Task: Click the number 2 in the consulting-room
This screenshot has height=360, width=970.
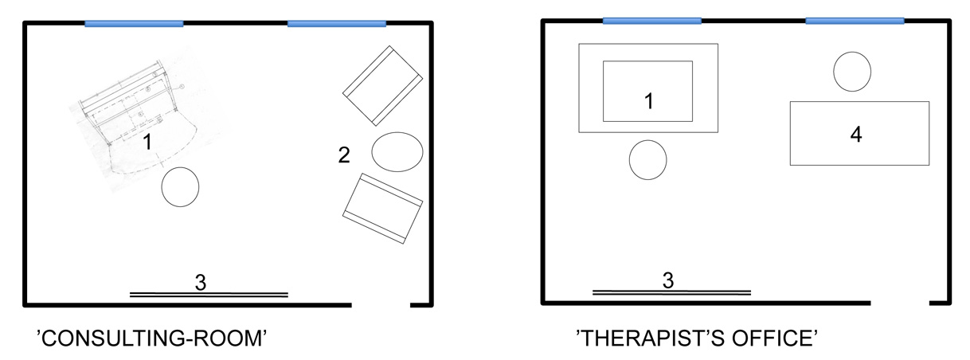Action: click(344, 155)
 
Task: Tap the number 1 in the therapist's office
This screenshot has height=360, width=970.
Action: click(648, 101)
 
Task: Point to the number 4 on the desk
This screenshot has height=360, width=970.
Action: click(855, 135)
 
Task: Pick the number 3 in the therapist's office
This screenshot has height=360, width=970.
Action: click(668, 280)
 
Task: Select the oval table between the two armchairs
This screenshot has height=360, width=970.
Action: click(397, 151)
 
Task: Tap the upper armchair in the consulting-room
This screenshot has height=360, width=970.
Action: click(382, 85)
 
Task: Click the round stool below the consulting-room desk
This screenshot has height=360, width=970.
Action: click(181, 187)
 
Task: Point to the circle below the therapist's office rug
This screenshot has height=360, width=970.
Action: click(647, 160)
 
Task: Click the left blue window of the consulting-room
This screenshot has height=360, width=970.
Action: click(134, 24)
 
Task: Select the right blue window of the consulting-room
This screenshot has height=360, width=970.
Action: click(337, 24)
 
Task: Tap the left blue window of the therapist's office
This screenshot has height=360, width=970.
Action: click(652, 21)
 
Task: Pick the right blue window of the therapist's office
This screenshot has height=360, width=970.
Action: click(855, 21)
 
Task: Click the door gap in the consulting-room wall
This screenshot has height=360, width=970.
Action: click(381, 305)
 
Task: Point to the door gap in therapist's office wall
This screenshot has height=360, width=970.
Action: click(900, 303)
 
